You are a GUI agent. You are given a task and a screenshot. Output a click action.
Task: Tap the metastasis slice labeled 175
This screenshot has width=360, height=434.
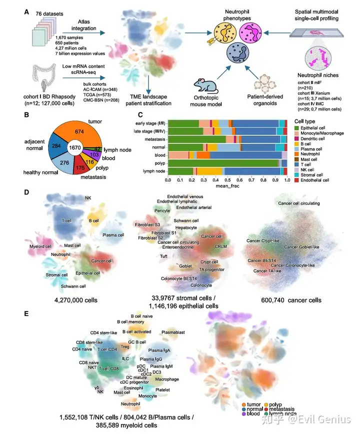[79, 168]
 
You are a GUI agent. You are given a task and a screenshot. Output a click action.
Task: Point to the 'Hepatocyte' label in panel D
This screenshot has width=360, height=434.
[186, 226]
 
